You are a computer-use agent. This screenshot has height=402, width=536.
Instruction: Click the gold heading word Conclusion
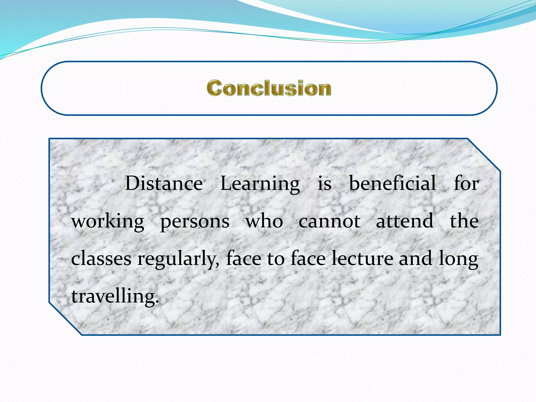coord(269,88)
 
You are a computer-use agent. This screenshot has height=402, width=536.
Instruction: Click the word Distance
coord(164,183)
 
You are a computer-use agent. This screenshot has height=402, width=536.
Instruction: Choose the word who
coord(264,221)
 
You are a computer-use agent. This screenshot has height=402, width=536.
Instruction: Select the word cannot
coord(330,221)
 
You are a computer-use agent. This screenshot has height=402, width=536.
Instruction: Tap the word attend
coord(404,221)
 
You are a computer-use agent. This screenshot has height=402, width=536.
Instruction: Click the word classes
coord(101,259)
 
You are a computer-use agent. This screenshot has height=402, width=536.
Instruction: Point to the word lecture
coord(362,258)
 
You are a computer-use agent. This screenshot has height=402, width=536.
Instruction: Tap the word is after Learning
coord(325,183)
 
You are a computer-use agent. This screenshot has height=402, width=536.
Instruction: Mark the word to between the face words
coord(276,259)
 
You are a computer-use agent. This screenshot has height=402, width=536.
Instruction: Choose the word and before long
coord(415,258)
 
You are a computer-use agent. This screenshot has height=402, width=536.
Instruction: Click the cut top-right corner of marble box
coord(484,154)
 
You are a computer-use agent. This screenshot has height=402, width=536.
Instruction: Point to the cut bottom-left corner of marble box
coord(65,319)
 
